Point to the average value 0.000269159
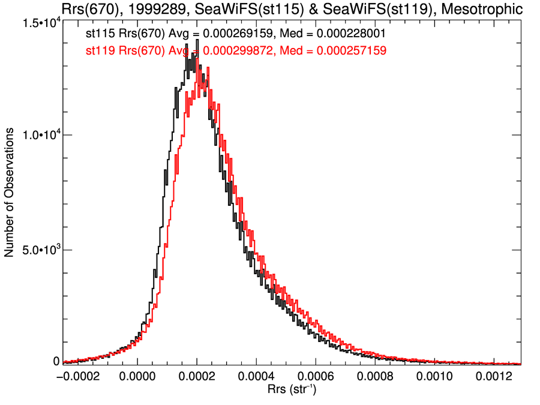(x=236, y=33)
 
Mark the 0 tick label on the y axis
(x=56, y=362)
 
